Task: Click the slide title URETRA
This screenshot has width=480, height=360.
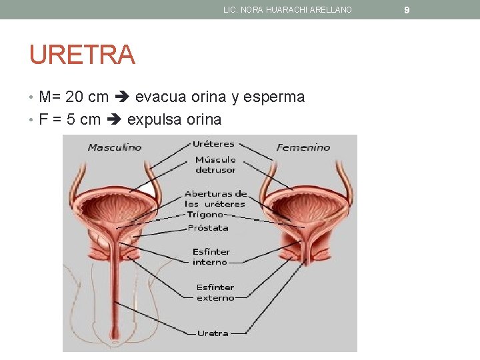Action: tap(82, 55)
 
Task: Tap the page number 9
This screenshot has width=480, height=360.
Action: tap(407, 9)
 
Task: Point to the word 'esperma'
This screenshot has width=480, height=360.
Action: tap(274, 97)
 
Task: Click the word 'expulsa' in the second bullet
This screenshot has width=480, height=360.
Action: tap(154, 120)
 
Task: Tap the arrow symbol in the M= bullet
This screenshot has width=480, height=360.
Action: tap(122, 97)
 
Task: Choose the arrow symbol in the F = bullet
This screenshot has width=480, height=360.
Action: tap(114, 120)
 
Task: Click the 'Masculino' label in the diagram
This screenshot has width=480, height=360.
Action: tap(115, 147)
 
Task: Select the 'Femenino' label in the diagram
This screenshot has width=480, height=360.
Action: tap(303, 147)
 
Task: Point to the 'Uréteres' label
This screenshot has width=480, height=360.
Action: tap(213, 143)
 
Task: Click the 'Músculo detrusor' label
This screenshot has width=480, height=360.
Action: tap(215, 165)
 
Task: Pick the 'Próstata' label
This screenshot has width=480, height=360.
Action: tap(208, 228)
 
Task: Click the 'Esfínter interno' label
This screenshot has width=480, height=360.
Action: tap(211, 257)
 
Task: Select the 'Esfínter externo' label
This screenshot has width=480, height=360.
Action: tap(215, 293)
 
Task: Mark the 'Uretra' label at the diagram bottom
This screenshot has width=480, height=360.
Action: tap(213, 333)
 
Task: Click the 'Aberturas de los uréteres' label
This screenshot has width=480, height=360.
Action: tap(215, 198)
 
